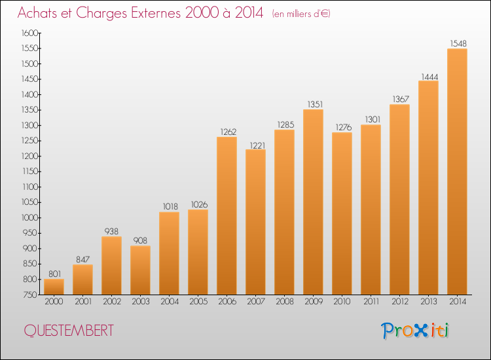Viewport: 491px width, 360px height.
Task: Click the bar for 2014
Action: pos(457,171)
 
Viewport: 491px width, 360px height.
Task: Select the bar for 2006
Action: pos(227,215)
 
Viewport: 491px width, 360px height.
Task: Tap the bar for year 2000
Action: pos(54,286)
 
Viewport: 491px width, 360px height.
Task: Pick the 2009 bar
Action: pos(313,202)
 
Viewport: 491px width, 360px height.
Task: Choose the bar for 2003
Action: pos(140,270)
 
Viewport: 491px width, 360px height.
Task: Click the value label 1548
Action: pos(457,44)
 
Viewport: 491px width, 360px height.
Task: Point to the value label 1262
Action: pos(227,132)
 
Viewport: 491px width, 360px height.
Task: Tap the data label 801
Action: pos(54,274)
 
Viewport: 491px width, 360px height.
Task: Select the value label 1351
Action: pos(313,104)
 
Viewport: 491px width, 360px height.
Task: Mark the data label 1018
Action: pos(169,207)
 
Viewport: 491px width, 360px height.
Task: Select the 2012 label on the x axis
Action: pos(399,302)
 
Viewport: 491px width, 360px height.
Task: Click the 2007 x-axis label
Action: pos(255,302)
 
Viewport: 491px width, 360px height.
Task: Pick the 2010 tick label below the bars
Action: pos(342,302)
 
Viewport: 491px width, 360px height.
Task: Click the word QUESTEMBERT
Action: pos(68,331)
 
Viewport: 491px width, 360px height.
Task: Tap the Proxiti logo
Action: pos(415,331)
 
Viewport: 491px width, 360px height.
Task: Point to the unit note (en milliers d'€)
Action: pos(301,14)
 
